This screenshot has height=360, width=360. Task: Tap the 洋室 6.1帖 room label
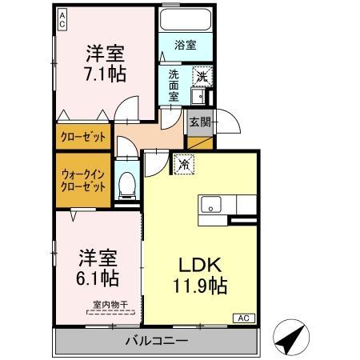98,269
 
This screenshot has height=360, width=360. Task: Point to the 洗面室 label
175,84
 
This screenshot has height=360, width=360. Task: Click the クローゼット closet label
82,137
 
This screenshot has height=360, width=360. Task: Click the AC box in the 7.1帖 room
62,19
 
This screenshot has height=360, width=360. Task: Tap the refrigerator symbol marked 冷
183,164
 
